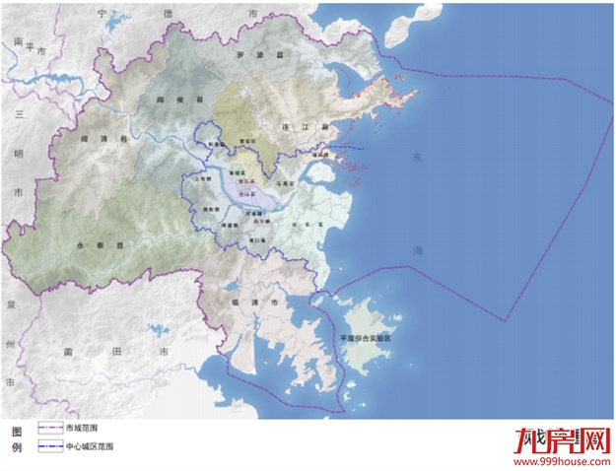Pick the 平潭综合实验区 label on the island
pos(366,337)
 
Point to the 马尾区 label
pos(286,183)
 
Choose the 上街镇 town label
pos(204,180)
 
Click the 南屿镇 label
pos(209,210)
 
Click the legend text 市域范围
pos(82,429)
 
